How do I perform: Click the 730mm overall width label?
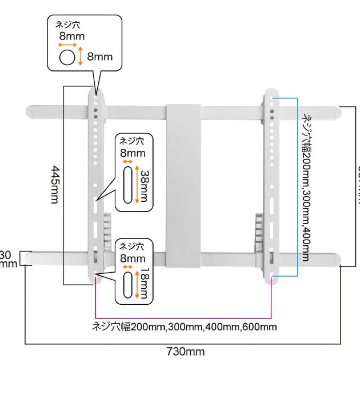(186, 352)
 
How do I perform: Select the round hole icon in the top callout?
(67, 58)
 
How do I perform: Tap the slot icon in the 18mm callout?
(128, 284)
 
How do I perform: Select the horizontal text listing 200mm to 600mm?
(185, 327)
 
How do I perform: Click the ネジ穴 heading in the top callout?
(68, 26)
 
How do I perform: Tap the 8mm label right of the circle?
(100, 57)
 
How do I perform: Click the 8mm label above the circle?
(72, 36)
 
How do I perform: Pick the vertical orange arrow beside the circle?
(80, 56)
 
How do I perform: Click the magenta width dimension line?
(183, 318)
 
